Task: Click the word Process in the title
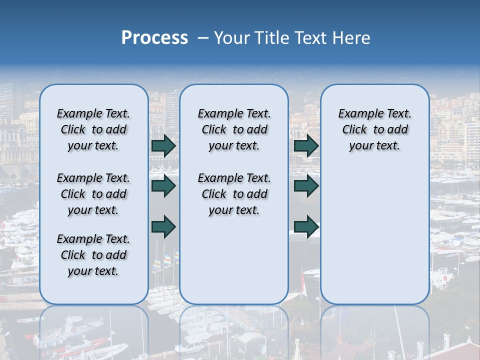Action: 154,38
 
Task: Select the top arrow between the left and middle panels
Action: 163,145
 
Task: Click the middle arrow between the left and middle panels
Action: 163,186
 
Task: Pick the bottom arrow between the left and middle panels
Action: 163,227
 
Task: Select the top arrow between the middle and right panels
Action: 306,145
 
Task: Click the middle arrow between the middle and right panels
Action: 306,186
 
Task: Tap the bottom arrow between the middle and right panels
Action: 306,227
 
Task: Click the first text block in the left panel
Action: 93,129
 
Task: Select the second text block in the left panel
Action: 93,194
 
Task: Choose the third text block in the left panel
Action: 93,255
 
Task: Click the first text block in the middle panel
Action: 234,129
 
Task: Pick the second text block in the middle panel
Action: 234,194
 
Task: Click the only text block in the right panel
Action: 374,129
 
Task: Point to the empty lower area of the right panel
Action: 374,235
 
